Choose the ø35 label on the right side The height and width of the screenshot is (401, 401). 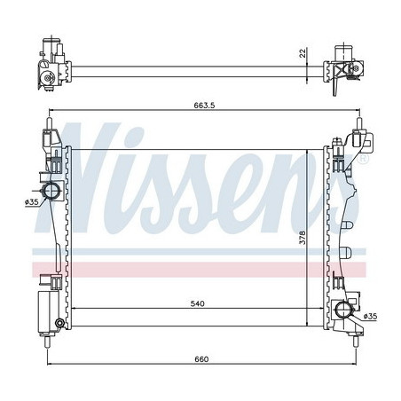click(x=369, y=317)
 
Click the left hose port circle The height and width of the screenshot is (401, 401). click(x=51, y=191)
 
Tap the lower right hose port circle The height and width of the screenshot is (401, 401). click(x=345, y=309)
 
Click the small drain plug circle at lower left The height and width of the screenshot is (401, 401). click(x=59, y=321)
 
